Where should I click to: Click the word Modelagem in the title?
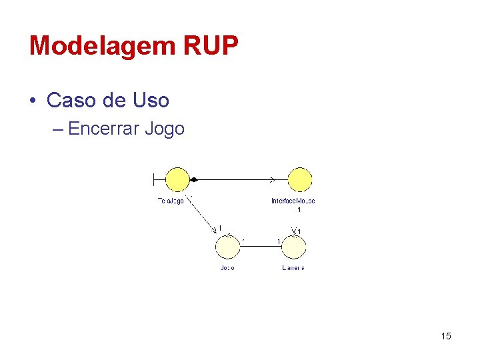click(x=99, y=46)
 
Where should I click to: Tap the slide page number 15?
click(x=446, y=336)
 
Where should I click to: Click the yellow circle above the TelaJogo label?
click(x=177, y=179)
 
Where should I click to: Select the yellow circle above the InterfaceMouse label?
click(x=300, y=179)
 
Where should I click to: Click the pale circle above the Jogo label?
click(x=227, y=247)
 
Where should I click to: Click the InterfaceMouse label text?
click(x=293, y=201)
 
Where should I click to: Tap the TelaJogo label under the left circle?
click(x=171, y=201)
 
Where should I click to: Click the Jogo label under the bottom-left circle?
click(x=227, y=268)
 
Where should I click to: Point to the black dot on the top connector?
click(x=194, y=179)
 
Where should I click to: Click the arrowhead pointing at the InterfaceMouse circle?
click(x=272, y=179)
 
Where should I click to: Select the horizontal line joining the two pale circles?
click(x=261, y=246)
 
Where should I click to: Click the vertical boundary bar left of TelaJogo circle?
click(x=153, y=179)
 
